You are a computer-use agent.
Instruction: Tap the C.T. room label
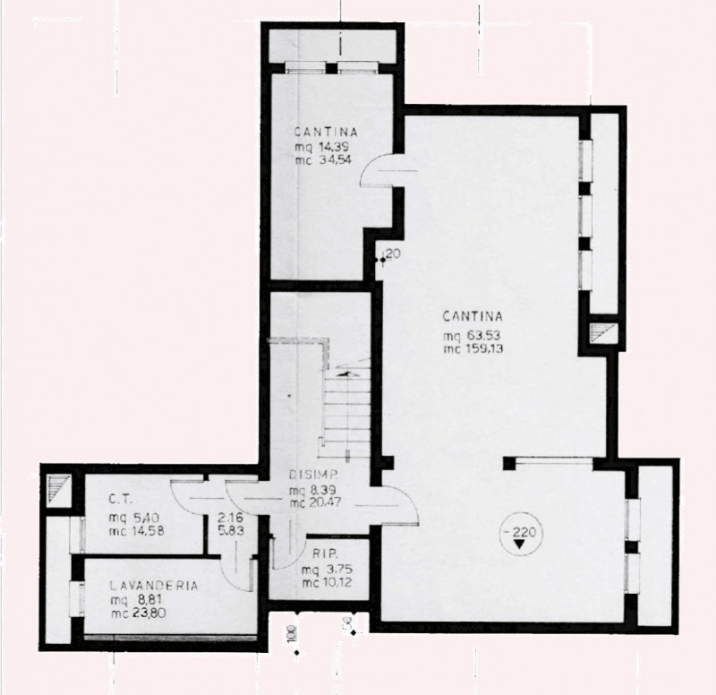point(122,500)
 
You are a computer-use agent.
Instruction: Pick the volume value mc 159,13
point(474,350)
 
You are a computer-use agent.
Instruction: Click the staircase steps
point(348,412)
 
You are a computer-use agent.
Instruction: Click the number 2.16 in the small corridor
point(232,518)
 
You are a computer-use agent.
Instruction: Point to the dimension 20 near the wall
point(393,254)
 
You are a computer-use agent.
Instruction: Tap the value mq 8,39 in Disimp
point(313,490)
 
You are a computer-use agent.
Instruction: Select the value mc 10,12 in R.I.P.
point(324,585)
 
